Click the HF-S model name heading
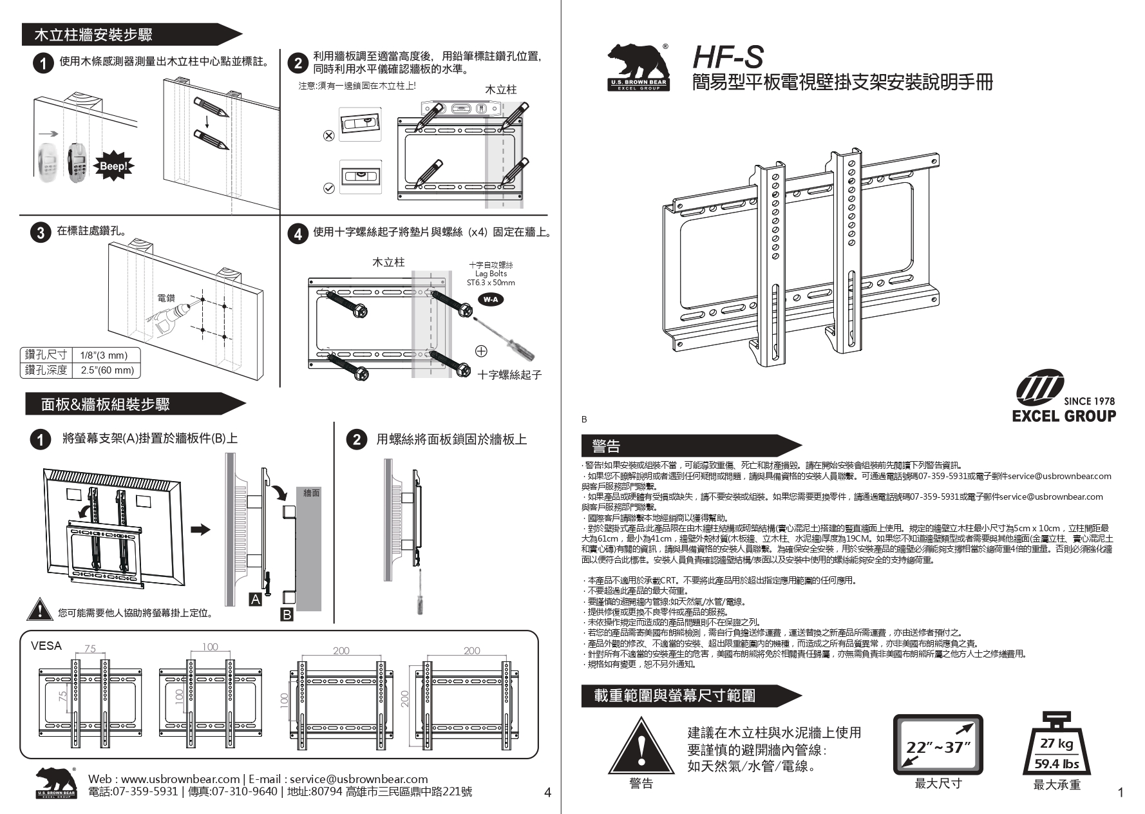(728, 57)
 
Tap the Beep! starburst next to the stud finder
(114, 166)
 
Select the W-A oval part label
(490, 299)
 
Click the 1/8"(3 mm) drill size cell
(104, 355)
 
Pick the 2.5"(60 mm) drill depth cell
(107, 370)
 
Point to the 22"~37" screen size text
(938, 747)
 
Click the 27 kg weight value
(1057, 743)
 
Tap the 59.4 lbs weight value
(1057, 764)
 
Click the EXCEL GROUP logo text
(1064, 416)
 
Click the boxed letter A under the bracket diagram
(256, 600)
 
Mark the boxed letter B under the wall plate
(287, 614)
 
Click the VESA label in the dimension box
(46, 646)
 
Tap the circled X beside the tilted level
(328, 136)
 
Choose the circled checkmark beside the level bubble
(328, 188)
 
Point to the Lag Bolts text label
(491, 274)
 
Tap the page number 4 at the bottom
(548, 793)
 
